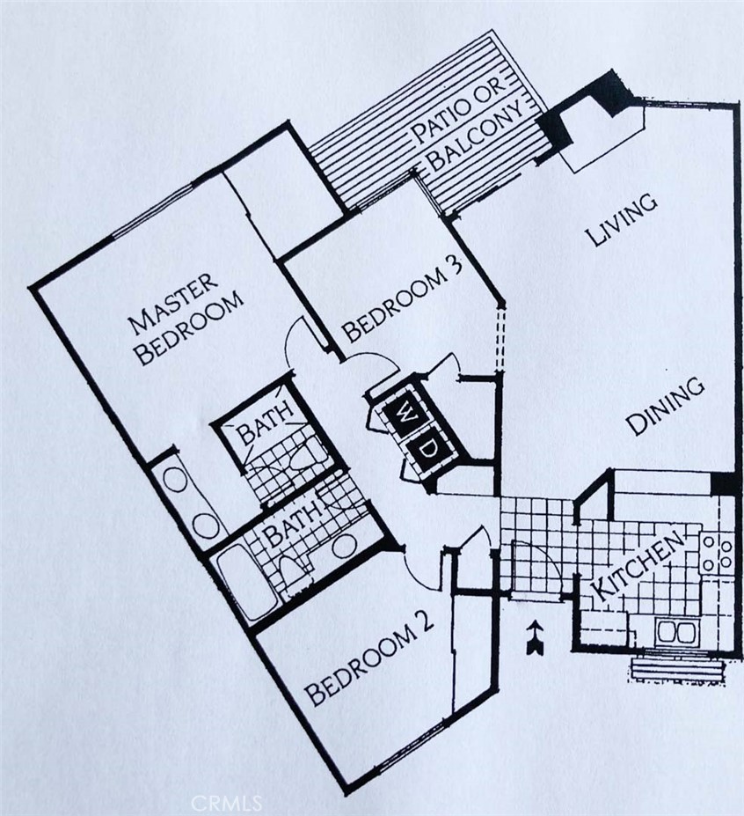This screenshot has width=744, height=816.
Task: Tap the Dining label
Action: tap(666, 407)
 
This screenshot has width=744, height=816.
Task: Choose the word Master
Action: tap(173, 304)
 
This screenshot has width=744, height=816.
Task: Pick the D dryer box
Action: tap(429, 450)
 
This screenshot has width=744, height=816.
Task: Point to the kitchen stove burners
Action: tap(718, 554)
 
